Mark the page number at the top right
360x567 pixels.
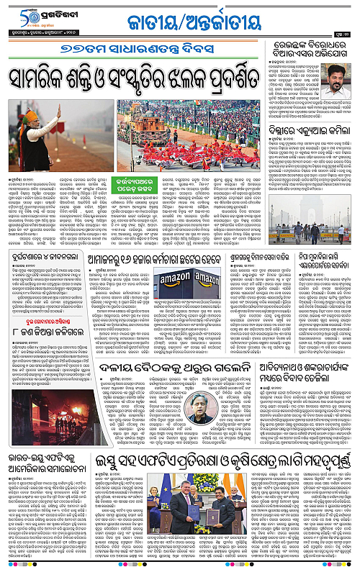[346, 33]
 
